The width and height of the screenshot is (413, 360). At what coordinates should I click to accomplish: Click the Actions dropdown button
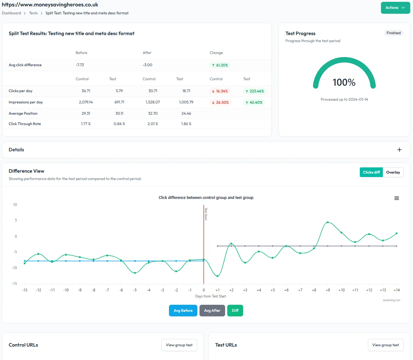click(x=395, y=8)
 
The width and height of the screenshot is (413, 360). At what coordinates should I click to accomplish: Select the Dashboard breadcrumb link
click(x=11, y=13)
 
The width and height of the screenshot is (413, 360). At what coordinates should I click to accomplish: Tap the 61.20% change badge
click(x=220, y=65)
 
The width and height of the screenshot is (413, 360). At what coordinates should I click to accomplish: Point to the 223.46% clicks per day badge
click(x=255, y=91)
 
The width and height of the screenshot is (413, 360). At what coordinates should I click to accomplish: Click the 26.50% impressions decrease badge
click(x=220, y=103)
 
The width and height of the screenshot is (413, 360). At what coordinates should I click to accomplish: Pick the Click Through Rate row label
click(x=25, y=124)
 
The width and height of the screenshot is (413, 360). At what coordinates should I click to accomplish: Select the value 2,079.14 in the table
click(x=86, y=102)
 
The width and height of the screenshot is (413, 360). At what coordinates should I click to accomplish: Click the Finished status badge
click(x=393, y=33)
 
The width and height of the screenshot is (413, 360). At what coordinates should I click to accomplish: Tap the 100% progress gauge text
click(x=344, y=82)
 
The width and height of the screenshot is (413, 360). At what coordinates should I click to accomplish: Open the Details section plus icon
click(x=399, y=150)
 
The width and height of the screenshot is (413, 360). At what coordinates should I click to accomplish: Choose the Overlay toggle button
click(x=393, y=172)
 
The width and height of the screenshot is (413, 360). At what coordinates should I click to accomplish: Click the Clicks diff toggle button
click(x=371, y=172)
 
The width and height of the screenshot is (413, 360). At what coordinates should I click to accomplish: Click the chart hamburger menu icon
click(x=397, y=198)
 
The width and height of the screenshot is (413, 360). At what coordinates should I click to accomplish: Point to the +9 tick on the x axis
click(x=328, y=290)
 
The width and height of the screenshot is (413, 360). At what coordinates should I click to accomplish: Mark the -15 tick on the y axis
click(x=14, y=284)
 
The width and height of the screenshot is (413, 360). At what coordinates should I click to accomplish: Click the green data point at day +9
click(x=328, y=222)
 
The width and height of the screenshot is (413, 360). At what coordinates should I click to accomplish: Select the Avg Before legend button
click(x=183, y=311)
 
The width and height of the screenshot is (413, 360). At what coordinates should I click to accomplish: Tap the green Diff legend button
click(x=235, y=311)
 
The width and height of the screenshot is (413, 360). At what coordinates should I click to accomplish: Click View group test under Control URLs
click(x=179, y=345)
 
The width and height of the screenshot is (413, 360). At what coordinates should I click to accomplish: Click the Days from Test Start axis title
click(x=210, y=296)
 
